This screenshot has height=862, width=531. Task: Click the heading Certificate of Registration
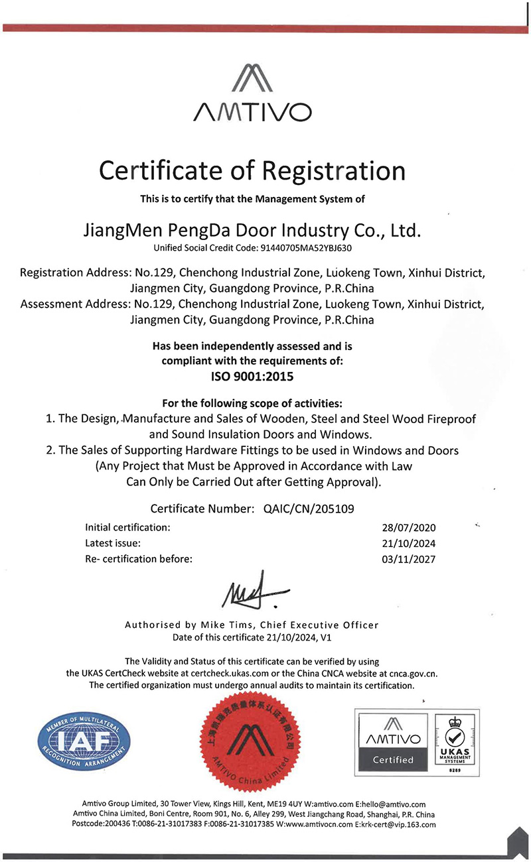(252, 171)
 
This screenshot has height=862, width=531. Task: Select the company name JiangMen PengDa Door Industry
(252, 231)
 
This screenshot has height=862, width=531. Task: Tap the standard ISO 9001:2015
(252, 376)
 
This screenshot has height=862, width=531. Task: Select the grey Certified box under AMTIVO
(393, 760)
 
